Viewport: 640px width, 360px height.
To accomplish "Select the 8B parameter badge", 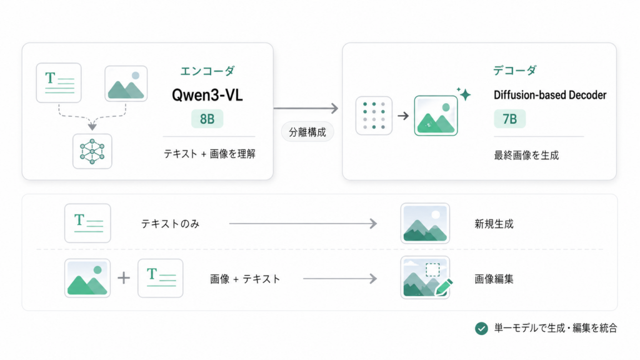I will tap(207, 119).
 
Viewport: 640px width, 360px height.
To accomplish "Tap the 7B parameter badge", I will tap(509, 119).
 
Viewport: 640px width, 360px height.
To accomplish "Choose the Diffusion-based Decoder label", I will tap(550, 95).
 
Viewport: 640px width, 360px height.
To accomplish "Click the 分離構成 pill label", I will tap(307, 132).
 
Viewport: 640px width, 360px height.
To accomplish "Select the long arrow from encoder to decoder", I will tap(306, 109).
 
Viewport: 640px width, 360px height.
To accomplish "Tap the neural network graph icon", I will tap(92, 151).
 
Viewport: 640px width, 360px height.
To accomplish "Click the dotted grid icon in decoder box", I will tap(374, 116).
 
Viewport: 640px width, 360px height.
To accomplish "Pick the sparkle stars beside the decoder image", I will tap(464, 94).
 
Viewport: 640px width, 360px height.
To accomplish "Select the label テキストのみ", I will tap(170, 224).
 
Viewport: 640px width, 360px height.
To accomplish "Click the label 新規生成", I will tap(494, 224).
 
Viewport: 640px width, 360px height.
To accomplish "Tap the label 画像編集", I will tap(494, 279).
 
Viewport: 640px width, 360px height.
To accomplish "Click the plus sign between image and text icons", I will tap(124, 278).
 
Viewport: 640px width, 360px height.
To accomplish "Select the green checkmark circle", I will tap(481, 328).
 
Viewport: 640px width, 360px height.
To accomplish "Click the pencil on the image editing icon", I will tap(443, 287).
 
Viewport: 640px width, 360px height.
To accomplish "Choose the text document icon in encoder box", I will tap(59, 82).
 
